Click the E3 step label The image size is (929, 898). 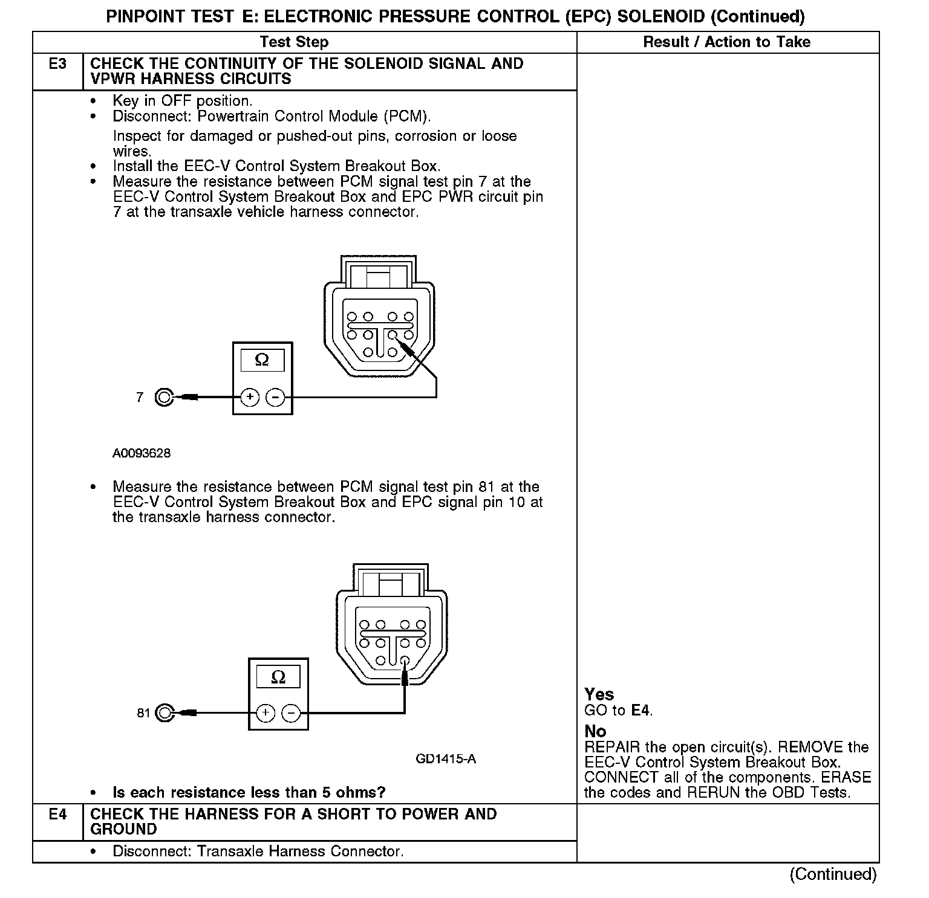coord(57,64)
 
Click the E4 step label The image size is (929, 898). coord(57,815)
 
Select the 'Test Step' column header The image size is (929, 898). coord(294,42)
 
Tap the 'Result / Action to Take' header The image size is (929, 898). coord(726,42)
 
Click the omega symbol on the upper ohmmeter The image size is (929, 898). coord(262,360)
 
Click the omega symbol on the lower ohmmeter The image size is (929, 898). coord(278,677)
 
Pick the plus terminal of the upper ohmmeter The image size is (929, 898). coord(250,397)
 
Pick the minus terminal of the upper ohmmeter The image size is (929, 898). coord(275,397)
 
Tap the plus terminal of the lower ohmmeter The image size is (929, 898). coord(266,713)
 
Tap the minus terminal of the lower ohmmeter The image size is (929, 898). coord(292,713)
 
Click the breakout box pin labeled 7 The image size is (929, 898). coord(164,397)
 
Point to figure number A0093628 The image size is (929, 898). coord(142,453)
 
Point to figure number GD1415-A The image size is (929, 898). coord(446,759)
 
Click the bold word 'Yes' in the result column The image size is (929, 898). coord(599,694)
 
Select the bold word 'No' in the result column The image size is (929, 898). coord(595,731)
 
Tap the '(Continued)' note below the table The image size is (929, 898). coord(833,874)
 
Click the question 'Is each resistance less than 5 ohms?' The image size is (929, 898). coord(249,792)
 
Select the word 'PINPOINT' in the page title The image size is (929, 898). coord(145,17)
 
